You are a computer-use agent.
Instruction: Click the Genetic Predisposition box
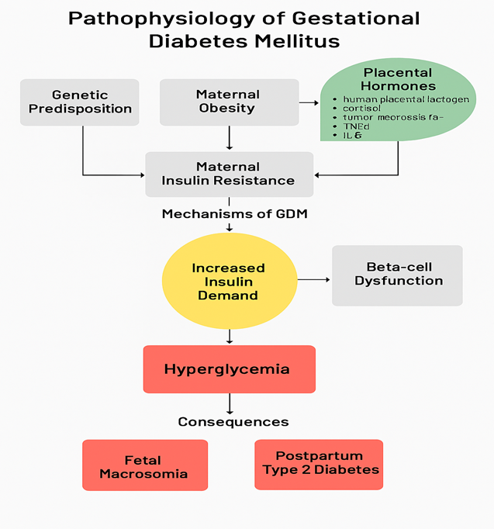(80, 102)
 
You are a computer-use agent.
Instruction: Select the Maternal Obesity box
(229, 102)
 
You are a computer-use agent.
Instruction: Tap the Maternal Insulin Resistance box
(229, 174)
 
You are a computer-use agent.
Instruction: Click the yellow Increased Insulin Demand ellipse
(229, 281)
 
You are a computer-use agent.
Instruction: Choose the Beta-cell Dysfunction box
(398, 275)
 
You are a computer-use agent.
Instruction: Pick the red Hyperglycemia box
(229, 369)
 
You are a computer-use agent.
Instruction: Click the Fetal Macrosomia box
(144, 465)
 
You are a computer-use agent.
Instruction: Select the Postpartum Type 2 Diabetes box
(320, 464)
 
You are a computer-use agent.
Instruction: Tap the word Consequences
(233, 422)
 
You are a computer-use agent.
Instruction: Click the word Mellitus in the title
(297, 40)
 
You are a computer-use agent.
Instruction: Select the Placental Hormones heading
(399, 79)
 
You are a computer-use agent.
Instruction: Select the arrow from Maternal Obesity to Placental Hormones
(309, 102)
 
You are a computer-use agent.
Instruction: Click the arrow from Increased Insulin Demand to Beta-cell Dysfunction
(314, 279)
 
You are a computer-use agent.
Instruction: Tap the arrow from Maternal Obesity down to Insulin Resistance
(230, 138)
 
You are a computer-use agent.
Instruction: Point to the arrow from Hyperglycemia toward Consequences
(230, 403)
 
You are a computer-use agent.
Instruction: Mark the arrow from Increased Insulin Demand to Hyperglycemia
(230, 336)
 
